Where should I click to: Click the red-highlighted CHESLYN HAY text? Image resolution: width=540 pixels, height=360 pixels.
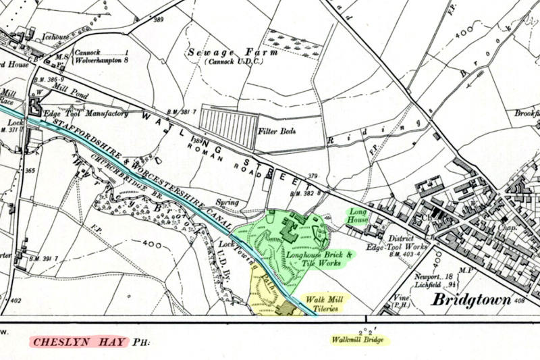(x=80, y=342)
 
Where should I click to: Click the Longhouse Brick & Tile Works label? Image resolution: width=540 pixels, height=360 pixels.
(x=320, y=259)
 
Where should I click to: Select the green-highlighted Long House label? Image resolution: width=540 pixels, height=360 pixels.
(x=357, y=216)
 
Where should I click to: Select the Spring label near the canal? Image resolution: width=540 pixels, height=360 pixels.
(x=227, y=202)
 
